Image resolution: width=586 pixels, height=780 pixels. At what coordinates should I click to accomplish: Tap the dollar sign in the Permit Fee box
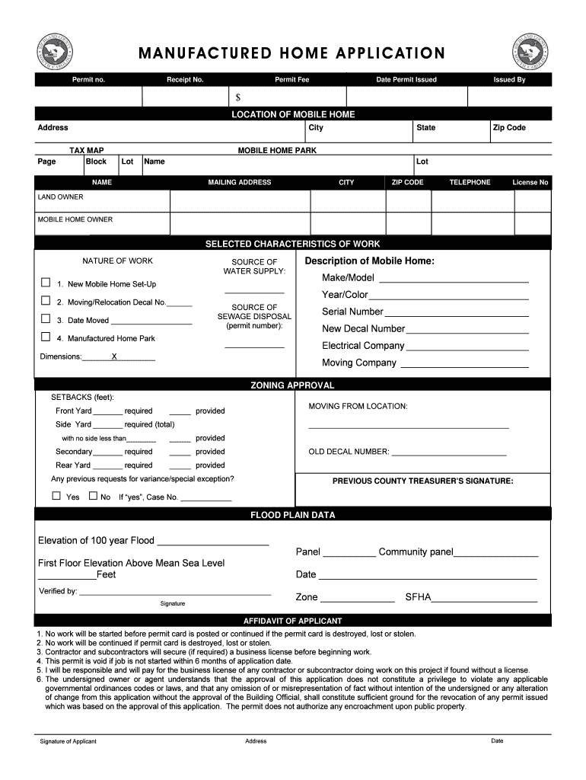click(238, 97)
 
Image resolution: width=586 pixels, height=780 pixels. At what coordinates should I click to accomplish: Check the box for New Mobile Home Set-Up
click(46, 283)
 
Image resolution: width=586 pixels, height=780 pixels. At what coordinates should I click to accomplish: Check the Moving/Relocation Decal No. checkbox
click(46, 301)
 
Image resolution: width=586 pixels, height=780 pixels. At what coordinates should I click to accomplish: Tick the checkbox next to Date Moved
click(46, 319)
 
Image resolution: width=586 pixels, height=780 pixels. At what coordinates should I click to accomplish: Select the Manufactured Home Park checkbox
click(46, 337)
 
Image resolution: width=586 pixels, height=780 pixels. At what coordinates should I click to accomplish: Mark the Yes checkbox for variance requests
click(56, 496)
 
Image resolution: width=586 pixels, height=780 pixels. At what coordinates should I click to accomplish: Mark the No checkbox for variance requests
click(93, 496)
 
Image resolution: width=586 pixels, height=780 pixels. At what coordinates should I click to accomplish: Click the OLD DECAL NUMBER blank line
click(448, 454)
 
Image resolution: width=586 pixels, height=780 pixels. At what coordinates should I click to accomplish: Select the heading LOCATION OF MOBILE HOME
click(293, 114)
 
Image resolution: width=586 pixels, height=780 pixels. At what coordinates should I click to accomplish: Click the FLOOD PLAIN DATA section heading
click(293, 515)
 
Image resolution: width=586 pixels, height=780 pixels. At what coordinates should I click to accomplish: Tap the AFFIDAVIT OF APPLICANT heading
click(293, 621)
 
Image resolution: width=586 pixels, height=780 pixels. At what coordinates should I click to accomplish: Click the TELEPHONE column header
click(470, 183)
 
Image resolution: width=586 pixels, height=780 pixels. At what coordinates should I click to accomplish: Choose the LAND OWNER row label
click(61, 197)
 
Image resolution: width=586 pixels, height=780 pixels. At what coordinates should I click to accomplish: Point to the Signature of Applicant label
click(68, 741)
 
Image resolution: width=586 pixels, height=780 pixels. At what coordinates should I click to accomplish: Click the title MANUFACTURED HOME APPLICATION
click(291, 53)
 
